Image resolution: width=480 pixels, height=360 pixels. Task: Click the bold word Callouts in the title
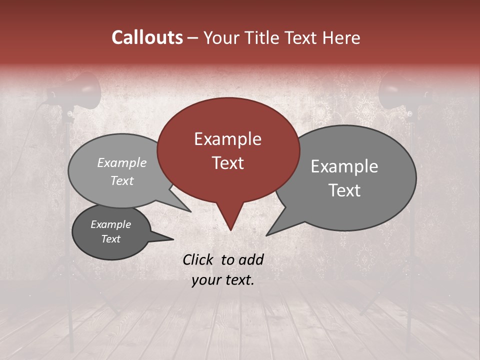(x=147, y=37)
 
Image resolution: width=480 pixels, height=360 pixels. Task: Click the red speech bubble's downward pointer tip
(x=230, y=229)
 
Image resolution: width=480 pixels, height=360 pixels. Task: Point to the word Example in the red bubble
(x=227, y=139)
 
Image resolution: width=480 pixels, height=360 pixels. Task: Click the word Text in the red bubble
(x=227, y=163)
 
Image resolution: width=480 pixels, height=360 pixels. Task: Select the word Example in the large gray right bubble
(x=344, y=166)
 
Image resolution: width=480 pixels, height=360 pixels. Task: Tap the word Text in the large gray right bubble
(x=344, y=190)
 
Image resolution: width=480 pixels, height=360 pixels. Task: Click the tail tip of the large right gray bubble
(x=267, y=235)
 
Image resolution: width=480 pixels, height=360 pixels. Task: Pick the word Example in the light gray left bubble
(x=121, y=162)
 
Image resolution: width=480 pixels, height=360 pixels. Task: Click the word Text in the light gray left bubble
(x=121, y=180)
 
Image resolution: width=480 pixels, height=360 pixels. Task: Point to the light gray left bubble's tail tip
(x=190, y=211)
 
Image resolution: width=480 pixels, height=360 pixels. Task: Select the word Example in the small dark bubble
(x=110, y=224)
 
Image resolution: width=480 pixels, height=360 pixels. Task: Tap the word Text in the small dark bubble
(x=110, y=239)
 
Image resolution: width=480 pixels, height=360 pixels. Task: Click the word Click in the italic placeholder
(x=199, y=259)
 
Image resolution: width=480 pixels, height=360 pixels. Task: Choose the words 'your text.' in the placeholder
(x=223, y=280)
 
